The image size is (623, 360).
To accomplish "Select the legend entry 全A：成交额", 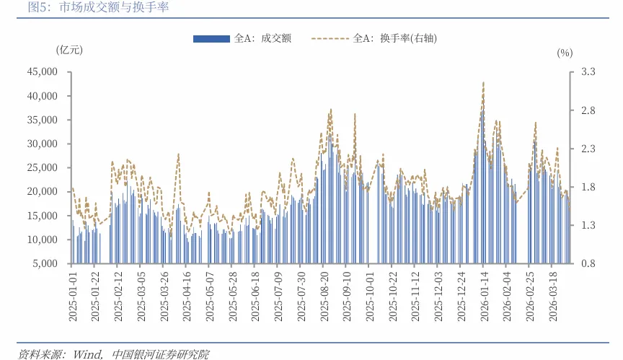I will (242, 39).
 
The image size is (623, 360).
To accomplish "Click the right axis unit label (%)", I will (565, 53).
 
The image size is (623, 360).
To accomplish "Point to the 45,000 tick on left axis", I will (42, 72).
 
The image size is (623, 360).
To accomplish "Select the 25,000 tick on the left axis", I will (42, 167).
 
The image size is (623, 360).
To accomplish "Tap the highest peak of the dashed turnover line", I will (483, 82).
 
